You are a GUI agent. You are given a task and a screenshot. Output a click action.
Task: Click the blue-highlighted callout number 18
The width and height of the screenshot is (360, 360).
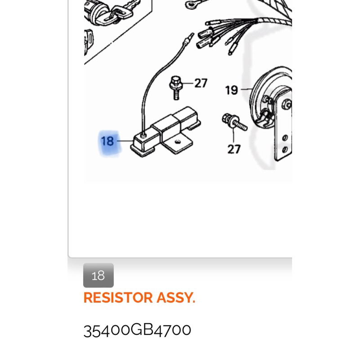pos(108,141)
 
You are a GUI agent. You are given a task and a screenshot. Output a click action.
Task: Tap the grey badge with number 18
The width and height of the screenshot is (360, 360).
pos(98,275)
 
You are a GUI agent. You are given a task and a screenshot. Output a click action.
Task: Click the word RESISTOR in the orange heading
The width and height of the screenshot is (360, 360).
pos(118,298)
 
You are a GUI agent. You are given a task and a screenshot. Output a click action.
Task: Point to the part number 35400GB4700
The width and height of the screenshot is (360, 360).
pos(137,330)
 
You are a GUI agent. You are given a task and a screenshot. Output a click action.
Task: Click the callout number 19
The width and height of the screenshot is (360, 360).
pos(231,90)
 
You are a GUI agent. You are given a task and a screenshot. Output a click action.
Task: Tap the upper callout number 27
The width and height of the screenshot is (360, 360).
pos(201,83)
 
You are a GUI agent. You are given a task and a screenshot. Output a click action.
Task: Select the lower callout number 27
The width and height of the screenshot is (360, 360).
pos(234,148)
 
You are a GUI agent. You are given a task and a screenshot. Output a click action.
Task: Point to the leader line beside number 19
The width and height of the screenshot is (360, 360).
pos(246,90)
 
